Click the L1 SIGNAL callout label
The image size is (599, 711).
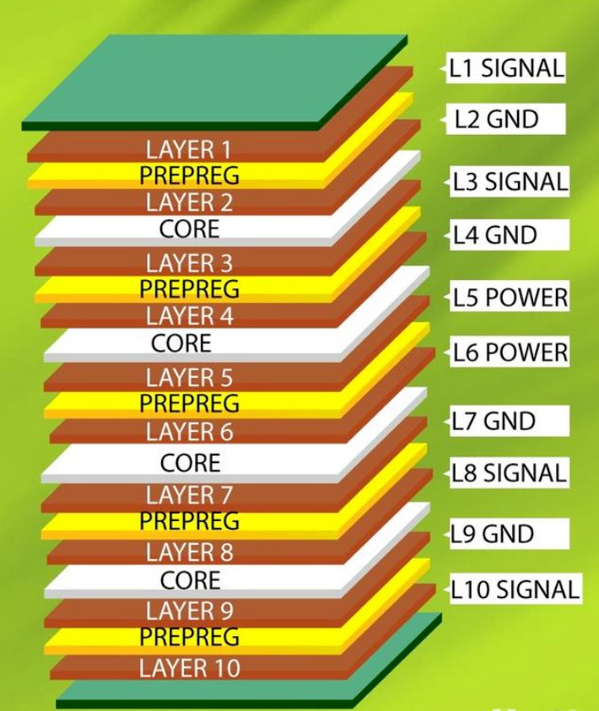[505, 68]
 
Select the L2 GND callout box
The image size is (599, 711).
[505, 119]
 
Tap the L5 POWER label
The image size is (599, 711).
[510, 297]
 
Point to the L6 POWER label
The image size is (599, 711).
[510, 352]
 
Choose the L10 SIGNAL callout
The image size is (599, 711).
[515, 589]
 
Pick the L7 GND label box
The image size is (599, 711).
[510, 421]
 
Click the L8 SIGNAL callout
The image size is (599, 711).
[510, 472]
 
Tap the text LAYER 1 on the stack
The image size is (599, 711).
[189, 149]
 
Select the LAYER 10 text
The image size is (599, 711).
[190, 668]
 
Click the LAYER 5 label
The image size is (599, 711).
[189, 377]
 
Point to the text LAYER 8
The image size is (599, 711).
[190, 552]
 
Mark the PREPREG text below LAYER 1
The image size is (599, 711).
[189, 175]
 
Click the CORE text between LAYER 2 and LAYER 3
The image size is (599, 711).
[190, 229]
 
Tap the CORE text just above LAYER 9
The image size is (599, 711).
[191, 580]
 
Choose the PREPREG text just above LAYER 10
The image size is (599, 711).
[189, 637]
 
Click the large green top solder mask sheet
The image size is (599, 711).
[213, 79]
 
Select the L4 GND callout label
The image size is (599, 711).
[510, 234]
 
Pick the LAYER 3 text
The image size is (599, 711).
[189, 263]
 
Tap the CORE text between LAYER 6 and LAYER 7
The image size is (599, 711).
[191, 462]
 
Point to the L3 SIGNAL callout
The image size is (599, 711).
[510, 181]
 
